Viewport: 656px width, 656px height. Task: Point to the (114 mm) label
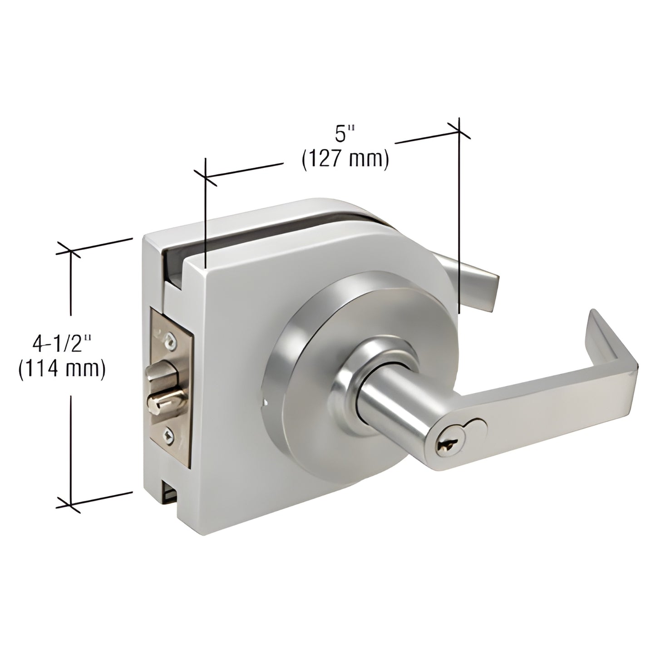62,369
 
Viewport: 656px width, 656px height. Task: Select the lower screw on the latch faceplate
168,436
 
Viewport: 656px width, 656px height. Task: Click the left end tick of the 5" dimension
206,178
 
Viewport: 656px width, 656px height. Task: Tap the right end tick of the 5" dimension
459,131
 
